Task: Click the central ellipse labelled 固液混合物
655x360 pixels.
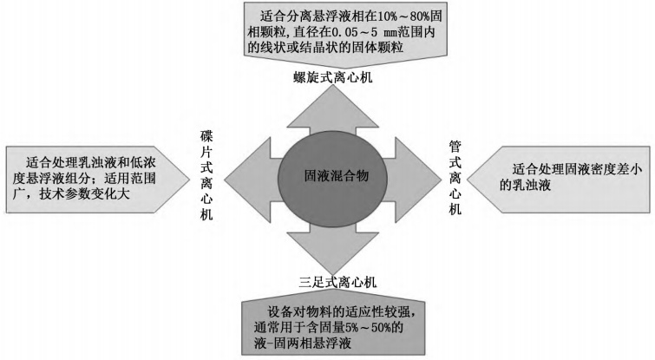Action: click(326, 177)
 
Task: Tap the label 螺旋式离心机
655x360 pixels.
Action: click(326, 79)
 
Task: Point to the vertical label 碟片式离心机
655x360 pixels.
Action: click(206, 177)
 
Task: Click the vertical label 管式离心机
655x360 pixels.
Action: click(455, 177)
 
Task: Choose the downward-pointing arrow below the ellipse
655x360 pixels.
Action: click(326, 247)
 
